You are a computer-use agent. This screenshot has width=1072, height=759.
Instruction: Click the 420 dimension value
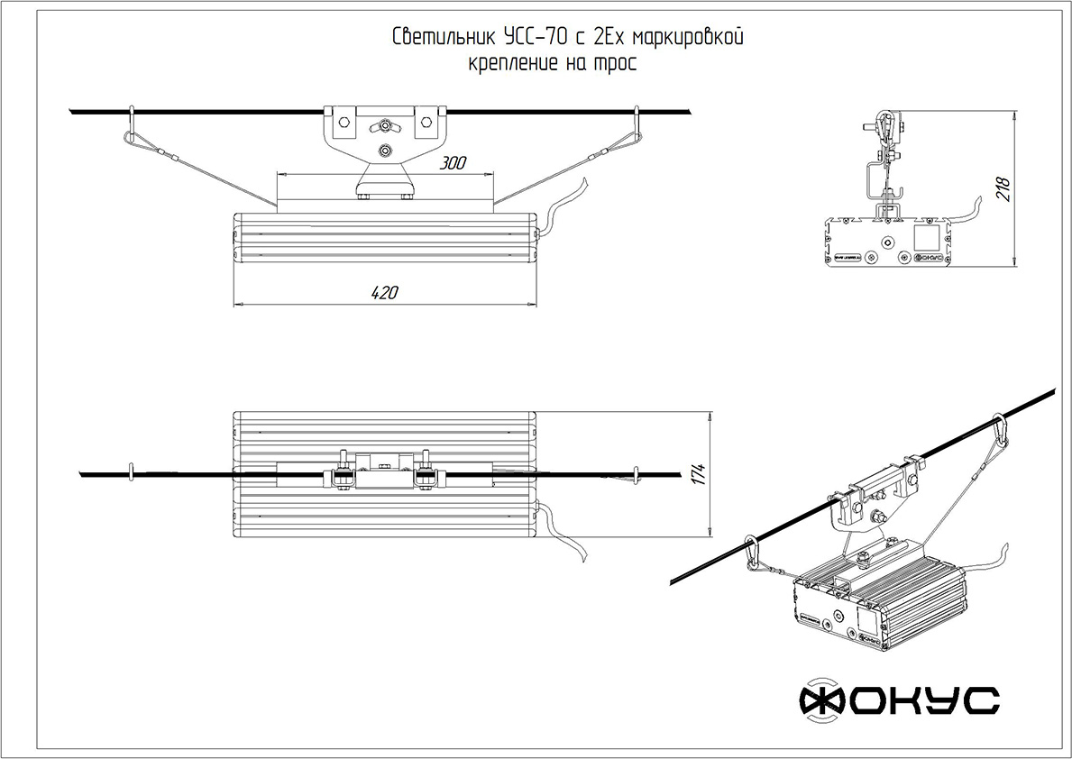[384, 292]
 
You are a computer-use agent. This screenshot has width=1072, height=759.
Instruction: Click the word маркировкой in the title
[688, 38]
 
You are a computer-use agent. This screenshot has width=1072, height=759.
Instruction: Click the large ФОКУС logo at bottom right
[900, 700]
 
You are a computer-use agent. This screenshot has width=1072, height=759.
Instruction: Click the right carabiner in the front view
[637, 126]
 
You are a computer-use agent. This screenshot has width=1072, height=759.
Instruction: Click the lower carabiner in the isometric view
[750, 553]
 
